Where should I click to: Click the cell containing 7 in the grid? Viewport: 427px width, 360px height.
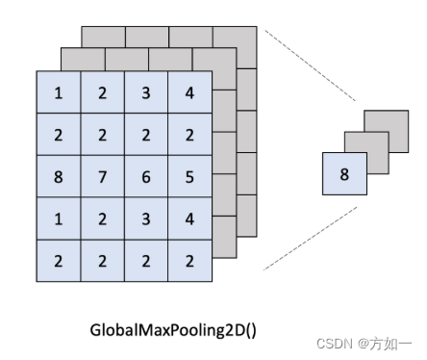[103, 177]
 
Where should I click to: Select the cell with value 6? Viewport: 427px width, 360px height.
[145, 177]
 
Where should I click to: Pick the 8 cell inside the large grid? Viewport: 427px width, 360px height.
[59, 177]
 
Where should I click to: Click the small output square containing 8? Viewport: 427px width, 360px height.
[344, 174]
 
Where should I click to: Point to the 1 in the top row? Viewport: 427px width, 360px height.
[59, 92]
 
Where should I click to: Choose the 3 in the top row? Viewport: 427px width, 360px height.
[145, 92]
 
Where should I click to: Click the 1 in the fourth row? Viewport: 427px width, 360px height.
[59, 219]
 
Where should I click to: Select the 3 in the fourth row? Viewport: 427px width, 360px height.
[145, 219]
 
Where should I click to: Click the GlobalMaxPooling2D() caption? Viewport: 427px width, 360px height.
[174, 330]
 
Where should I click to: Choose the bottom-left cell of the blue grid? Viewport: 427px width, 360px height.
[59, 261]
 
